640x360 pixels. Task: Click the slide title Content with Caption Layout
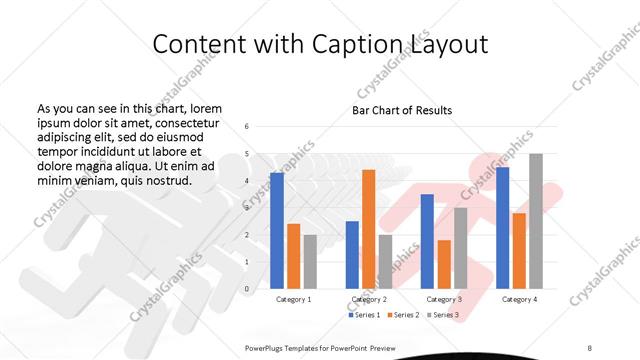[x=321, y=44]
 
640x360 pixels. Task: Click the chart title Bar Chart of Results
[x=401, y=110]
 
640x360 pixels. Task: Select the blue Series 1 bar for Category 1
[x=276, y=230]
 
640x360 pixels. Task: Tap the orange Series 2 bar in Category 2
[x=368, y=229]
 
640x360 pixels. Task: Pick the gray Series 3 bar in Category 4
[x=536, y=221]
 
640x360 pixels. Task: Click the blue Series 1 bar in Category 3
[x=427, y=241]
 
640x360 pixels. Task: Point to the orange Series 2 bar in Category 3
[x=444, y=264]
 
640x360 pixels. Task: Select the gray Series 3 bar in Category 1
[x=309, y=261]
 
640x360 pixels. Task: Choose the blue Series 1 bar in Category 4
[x=502, y=227]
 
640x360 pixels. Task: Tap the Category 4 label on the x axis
[x=519, y=299]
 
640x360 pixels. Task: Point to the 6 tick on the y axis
[x=247, y=127]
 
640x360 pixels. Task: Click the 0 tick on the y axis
[x=247, y=289]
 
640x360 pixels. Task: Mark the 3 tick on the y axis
[x=247, y=208]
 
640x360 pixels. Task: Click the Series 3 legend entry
[x=442, y=315]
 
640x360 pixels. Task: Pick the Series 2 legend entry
[x=404, y=315]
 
